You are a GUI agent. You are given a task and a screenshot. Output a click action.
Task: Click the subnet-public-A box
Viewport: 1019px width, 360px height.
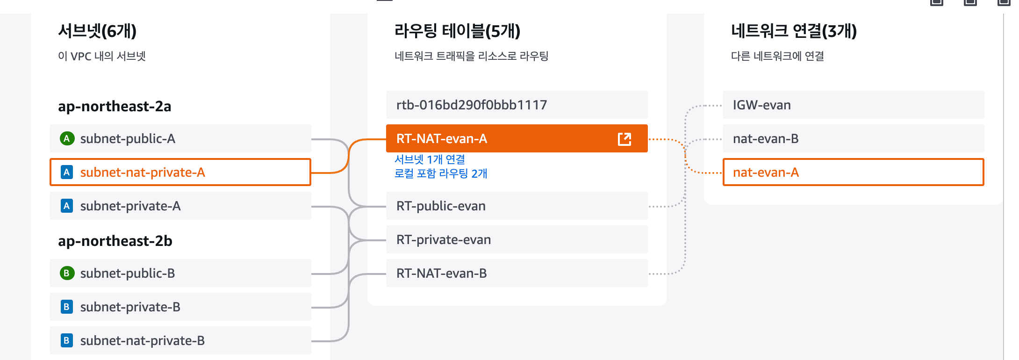point(180,138)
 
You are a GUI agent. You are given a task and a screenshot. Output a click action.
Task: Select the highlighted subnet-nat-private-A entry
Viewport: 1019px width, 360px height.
point(180,172)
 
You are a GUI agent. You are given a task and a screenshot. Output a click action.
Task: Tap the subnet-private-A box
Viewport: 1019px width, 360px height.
point(180,206)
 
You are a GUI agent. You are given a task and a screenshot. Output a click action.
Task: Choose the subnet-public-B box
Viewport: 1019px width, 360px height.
point(180,273)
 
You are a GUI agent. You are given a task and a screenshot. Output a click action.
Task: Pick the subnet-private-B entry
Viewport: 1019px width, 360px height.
point(180,307)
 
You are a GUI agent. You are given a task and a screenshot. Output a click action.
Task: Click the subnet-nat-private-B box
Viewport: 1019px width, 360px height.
point(180,340)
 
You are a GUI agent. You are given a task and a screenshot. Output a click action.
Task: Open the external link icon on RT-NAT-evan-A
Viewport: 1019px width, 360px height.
point(624,139)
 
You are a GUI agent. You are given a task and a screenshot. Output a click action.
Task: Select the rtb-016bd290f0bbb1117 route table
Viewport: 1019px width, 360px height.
point(517,105)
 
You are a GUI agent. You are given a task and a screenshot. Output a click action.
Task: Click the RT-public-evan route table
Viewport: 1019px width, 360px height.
point(517,206)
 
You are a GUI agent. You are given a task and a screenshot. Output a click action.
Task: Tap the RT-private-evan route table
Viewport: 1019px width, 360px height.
point(517,239)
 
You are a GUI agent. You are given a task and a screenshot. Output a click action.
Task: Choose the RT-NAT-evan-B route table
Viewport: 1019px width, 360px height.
point(517,273)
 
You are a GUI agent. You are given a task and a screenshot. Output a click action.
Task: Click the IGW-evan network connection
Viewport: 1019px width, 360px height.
point(853,105)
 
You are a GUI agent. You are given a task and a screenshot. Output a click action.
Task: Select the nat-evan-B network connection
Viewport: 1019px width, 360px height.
point(853,138)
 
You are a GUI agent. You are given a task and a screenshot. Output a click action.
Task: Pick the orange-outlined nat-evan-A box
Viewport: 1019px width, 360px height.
point(853,172)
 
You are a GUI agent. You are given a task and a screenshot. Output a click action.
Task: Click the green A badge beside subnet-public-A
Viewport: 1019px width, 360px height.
point(67,138)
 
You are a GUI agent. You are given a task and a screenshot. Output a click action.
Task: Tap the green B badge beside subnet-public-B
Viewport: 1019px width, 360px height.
point(67,273)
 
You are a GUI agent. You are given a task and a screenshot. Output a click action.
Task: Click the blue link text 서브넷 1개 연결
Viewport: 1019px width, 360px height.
point(430,159)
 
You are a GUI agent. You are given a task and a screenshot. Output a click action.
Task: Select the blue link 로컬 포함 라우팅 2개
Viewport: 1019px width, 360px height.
point(440,173)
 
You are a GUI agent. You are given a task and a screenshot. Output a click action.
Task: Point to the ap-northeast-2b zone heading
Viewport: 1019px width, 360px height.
point(115,241)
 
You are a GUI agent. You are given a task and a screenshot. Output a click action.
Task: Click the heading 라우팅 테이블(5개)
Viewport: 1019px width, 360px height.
point(457,31)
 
